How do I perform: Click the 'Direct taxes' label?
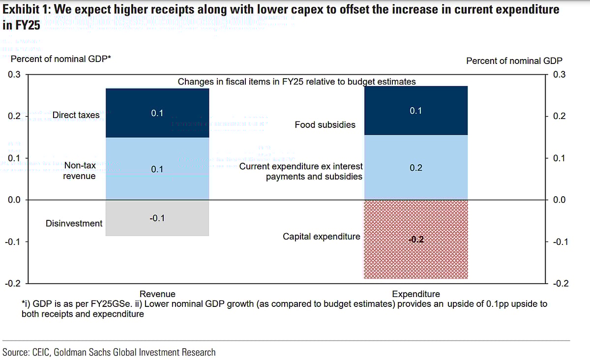pos(76,115)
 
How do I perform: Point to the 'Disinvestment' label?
pos(74,223)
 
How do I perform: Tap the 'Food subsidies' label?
pos(325,124)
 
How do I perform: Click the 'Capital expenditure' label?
pos(322,237)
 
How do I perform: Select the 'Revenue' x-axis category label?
pos(157,294)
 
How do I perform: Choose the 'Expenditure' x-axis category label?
pos(416,294)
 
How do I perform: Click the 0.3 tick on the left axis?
pos(14,75)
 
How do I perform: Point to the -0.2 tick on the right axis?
pos(559,284)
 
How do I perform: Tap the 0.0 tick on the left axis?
pos(14,200)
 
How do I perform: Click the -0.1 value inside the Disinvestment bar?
pos(157,218)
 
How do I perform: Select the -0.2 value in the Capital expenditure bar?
pos(415,240)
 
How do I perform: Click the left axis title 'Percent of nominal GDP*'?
pos(61,59)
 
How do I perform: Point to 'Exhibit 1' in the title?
pos(25,9)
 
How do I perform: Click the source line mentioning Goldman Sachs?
pos(109,352)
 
